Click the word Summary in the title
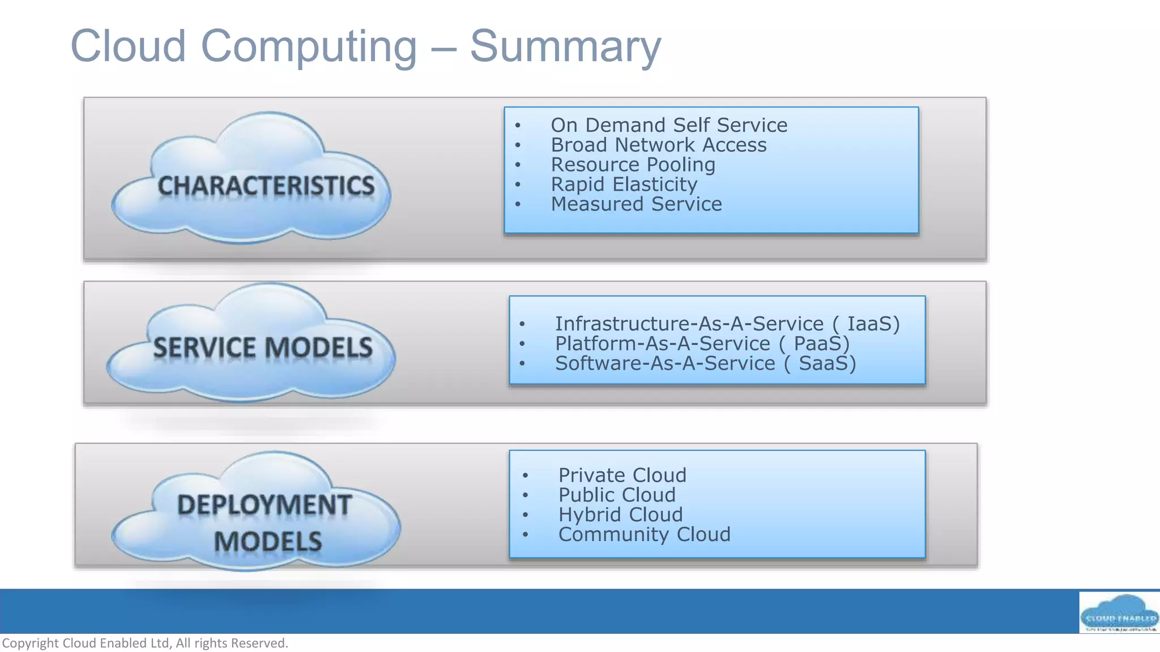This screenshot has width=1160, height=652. (x=565, y=46)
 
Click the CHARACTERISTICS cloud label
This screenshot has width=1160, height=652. (x=266, y=186)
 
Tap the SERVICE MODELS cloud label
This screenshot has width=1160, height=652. (x=263, y=347)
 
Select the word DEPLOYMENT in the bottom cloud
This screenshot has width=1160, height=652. (x=265, y=505)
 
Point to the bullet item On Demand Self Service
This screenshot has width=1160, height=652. (x=669, y=125)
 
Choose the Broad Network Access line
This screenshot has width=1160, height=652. (x=659, y=145)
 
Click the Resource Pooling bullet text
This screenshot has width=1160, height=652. (x=633, y=165)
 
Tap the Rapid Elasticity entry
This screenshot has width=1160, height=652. (x=624, y=185)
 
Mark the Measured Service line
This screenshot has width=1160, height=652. (x=637, y=204)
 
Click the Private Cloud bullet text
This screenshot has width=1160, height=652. (x=622, y=475)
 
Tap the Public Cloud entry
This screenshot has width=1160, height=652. (x=617, y=495)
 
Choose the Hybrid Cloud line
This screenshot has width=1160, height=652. (x=621, y=514)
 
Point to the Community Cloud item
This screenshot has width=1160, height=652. (x=645, y=534)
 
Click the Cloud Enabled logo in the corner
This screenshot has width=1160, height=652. (x=1119, y=612)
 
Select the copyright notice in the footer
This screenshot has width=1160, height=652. (x=146, y=643)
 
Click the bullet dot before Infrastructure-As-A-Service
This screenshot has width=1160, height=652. (x=522, y=324)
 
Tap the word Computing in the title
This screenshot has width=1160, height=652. (x=309, y=46)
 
